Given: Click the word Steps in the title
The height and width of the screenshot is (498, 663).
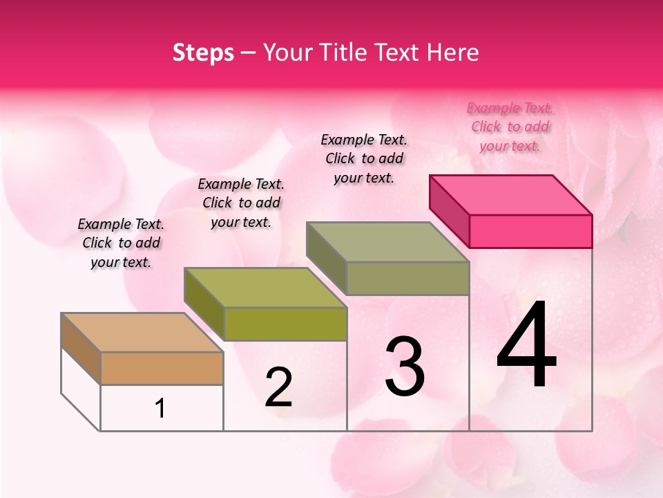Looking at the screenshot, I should tap(203, 53).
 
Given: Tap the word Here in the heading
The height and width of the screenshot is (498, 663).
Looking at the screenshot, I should tap(453, 53).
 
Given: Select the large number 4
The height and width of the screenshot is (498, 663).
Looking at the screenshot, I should tap(526, 346).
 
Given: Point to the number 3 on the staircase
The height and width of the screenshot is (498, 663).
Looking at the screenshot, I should tap(405, 367).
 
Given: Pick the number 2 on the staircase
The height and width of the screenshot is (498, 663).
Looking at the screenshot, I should tap(278, 388).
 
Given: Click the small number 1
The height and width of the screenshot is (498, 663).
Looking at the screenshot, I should tap(160, 409).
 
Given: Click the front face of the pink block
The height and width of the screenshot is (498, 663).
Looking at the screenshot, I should tap(530, 231).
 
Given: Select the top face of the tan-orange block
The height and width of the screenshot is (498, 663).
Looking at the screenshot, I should tap(142, 333).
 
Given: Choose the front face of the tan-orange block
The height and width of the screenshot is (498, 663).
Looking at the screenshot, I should tap(162, 368).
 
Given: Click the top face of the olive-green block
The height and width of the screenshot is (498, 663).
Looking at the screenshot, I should tap(265, 287).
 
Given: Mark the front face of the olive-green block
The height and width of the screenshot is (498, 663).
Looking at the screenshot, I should tap(285, 324).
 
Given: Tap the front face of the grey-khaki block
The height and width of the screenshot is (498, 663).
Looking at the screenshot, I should tap(407, 278).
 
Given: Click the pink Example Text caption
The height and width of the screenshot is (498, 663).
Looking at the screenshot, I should tap(510, 127).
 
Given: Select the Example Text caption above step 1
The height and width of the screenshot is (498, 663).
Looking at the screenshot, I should tap(121, 243).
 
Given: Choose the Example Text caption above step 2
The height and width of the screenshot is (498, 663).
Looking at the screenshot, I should tap(241, 203).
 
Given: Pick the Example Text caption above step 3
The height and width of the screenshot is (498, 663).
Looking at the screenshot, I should tap(364, 158).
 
